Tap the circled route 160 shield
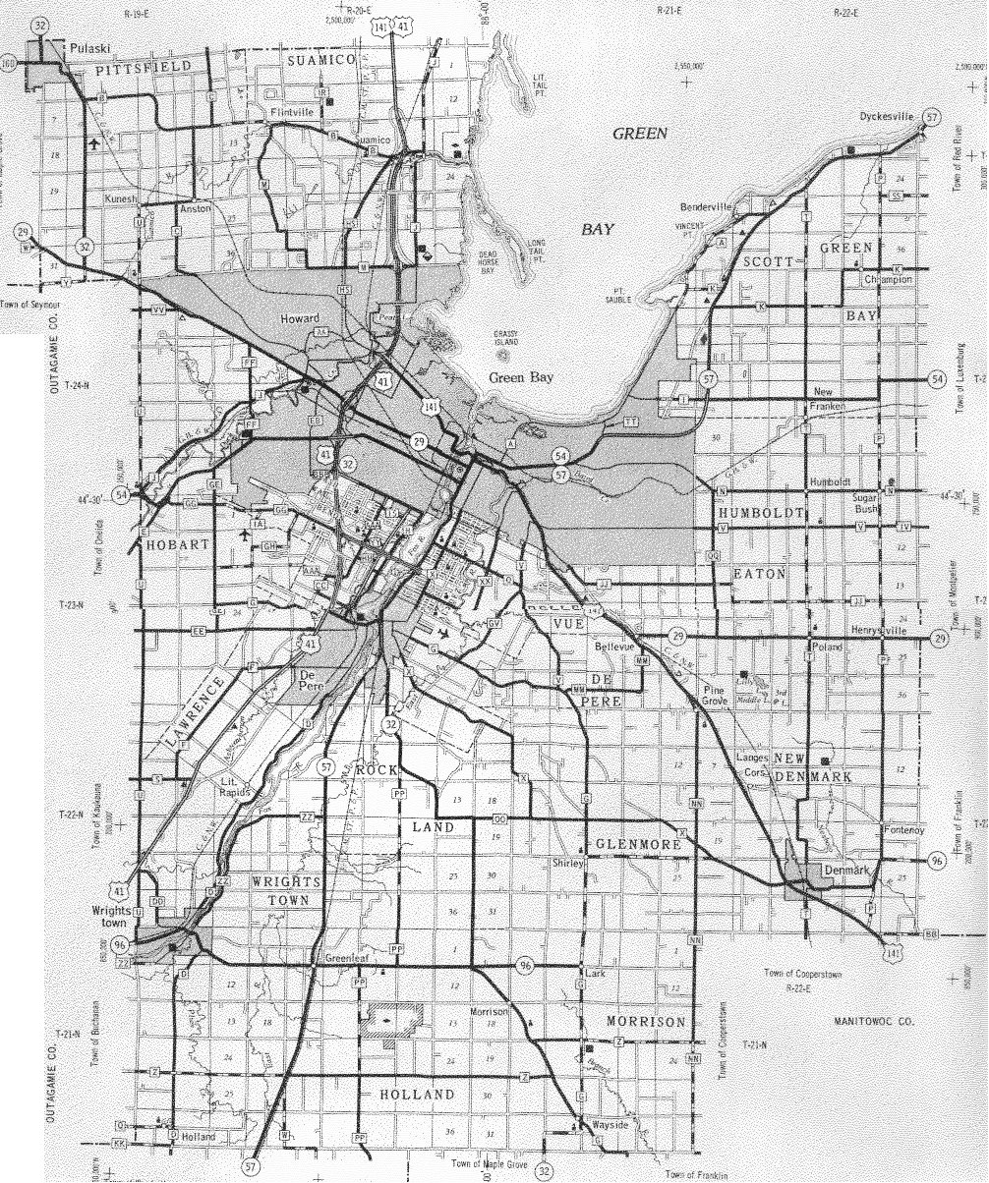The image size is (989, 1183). click(9, 63)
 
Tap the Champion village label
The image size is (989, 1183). click(889, 279)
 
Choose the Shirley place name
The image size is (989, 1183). click(568, 863)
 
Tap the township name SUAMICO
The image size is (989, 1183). click(315, 61)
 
